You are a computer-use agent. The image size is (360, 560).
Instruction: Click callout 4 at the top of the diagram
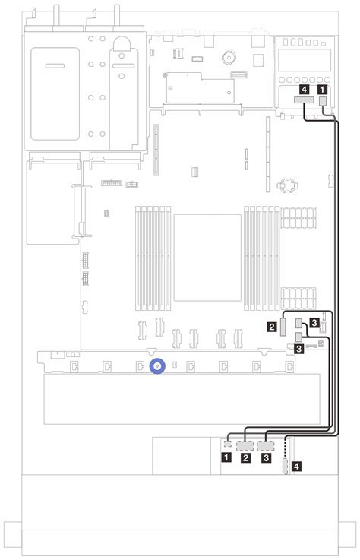click(x=305, y=88)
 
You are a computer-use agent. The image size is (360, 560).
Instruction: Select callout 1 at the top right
click(x=324, y=88)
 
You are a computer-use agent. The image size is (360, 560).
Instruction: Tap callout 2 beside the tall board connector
click(x=271, y=327)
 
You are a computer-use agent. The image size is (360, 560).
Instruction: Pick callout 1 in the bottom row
click(x=226, y=458)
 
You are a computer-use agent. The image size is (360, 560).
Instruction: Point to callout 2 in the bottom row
click(x=245, y=458)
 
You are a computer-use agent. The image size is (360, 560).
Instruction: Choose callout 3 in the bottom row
click(x=265, y=458)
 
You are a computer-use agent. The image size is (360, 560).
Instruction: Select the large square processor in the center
click(x=207, y=258)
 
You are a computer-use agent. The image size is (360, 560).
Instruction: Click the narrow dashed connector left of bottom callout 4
click(x=286, y=464)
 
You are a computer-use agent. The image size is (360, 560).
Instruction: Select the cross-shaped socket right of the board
click(x=286, y=185)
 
